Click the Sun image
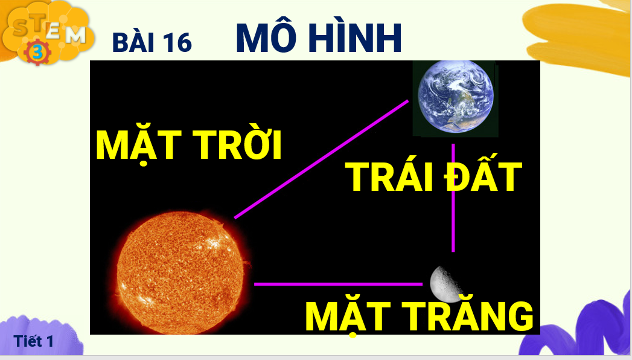(x=182, y=274)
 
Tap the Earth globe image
(x=456, y=97)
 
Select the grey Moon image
(x=445, y=284)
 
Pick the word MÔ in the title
(x=266, y=38)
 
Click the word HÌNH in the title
(x=356, y=37)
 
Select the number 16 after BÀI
(x=177, y=42)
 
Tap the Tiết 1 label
(x=33, y=341)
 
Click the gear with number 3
(x=37, y=52)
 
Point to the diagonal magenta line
(x=321, y=159)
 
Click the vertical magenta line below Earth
(x=453, y=198)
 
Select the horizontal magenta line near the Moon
(x=338, y=284)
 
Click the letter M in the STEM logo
(x=75, y=35)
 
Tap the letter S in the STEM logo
(x=21, y=27)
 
